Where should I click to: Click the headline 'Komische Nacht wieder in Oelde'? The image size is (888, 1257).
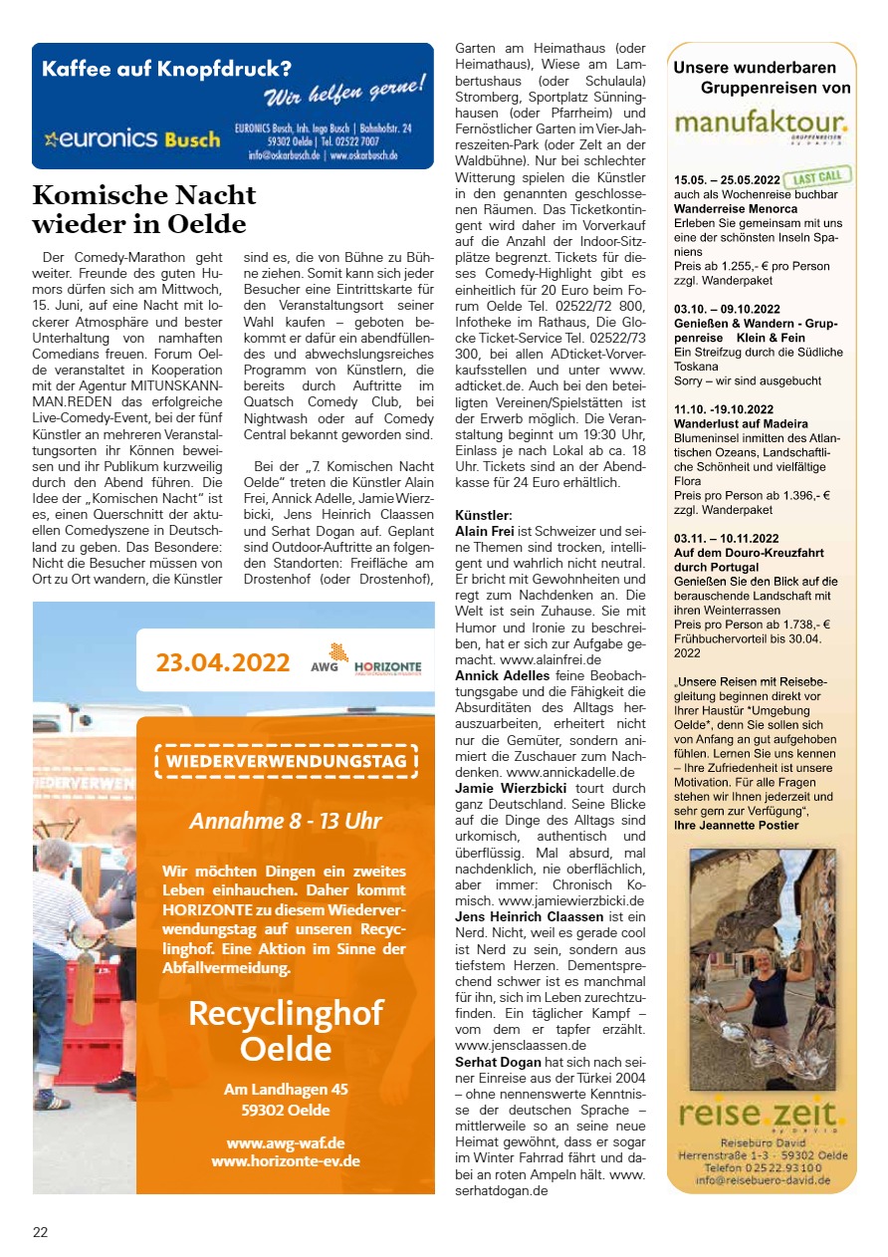tap(143, 208)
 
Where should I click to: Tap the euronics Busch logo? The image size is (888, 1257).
tap(132, 139)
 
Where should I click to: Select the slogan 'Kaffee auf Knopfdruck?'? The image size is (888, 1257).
tap(166, 70)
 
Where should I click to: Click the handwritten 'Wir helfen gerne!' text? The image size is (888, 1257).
tap(344, 93)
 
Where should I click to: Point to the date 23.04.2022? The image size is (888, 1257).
tap(223, 662)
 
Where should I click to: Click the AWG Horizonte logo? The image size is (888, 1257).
tap(365, 660)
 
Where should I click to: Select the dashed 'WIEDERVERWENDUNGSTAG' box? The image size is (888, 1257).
tap(286, 763)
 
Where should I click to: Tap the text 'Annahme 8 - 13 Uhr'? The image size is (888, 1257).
tap(286, 822)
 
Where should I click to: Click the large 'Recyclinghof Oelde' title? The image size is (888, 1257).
tap(286, 1031)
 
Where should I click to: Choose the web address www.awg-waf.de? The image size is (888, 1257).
tap(286, 1142)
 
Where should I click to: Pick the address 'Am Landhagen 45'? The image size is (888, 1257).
tap(286, 1090)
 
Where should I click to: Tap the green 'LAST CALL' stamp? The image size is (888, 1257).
tap(817, 178)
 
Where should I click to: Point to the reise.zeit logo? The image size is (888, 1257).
tap(761, 1115)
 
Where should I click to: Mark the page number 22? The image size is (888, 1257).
tap(41, 1232)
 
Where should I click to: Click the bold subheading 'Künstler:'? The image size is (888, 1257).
tap(484, 516)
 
